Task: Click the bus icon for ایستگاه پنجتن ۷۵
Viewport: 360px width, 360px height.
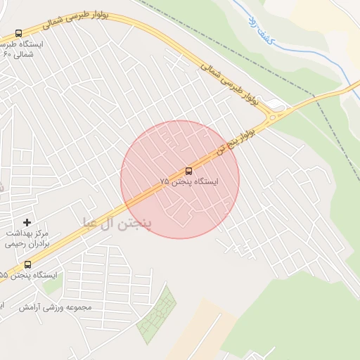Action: pyautogui.click(x=188, y=171)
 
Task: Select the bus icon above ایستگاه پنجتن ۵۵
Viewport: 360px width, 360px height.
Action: pyautogui.click(x=27, y=264)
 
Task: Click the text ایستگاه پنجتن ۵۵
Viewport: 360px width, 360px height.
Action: pyautogui.click(x=27, y=275)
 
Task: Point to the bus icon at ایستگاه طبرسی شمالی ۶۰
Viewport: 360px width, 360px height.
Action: pyautogui.click(x=18, y=33)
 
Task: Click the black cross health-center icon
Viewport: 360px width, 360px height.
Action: pyautogui.click(x=27, y=222)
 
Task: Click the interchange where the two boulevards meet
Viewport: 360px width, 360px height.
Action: pyautogui.click(x=276, y=113)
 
